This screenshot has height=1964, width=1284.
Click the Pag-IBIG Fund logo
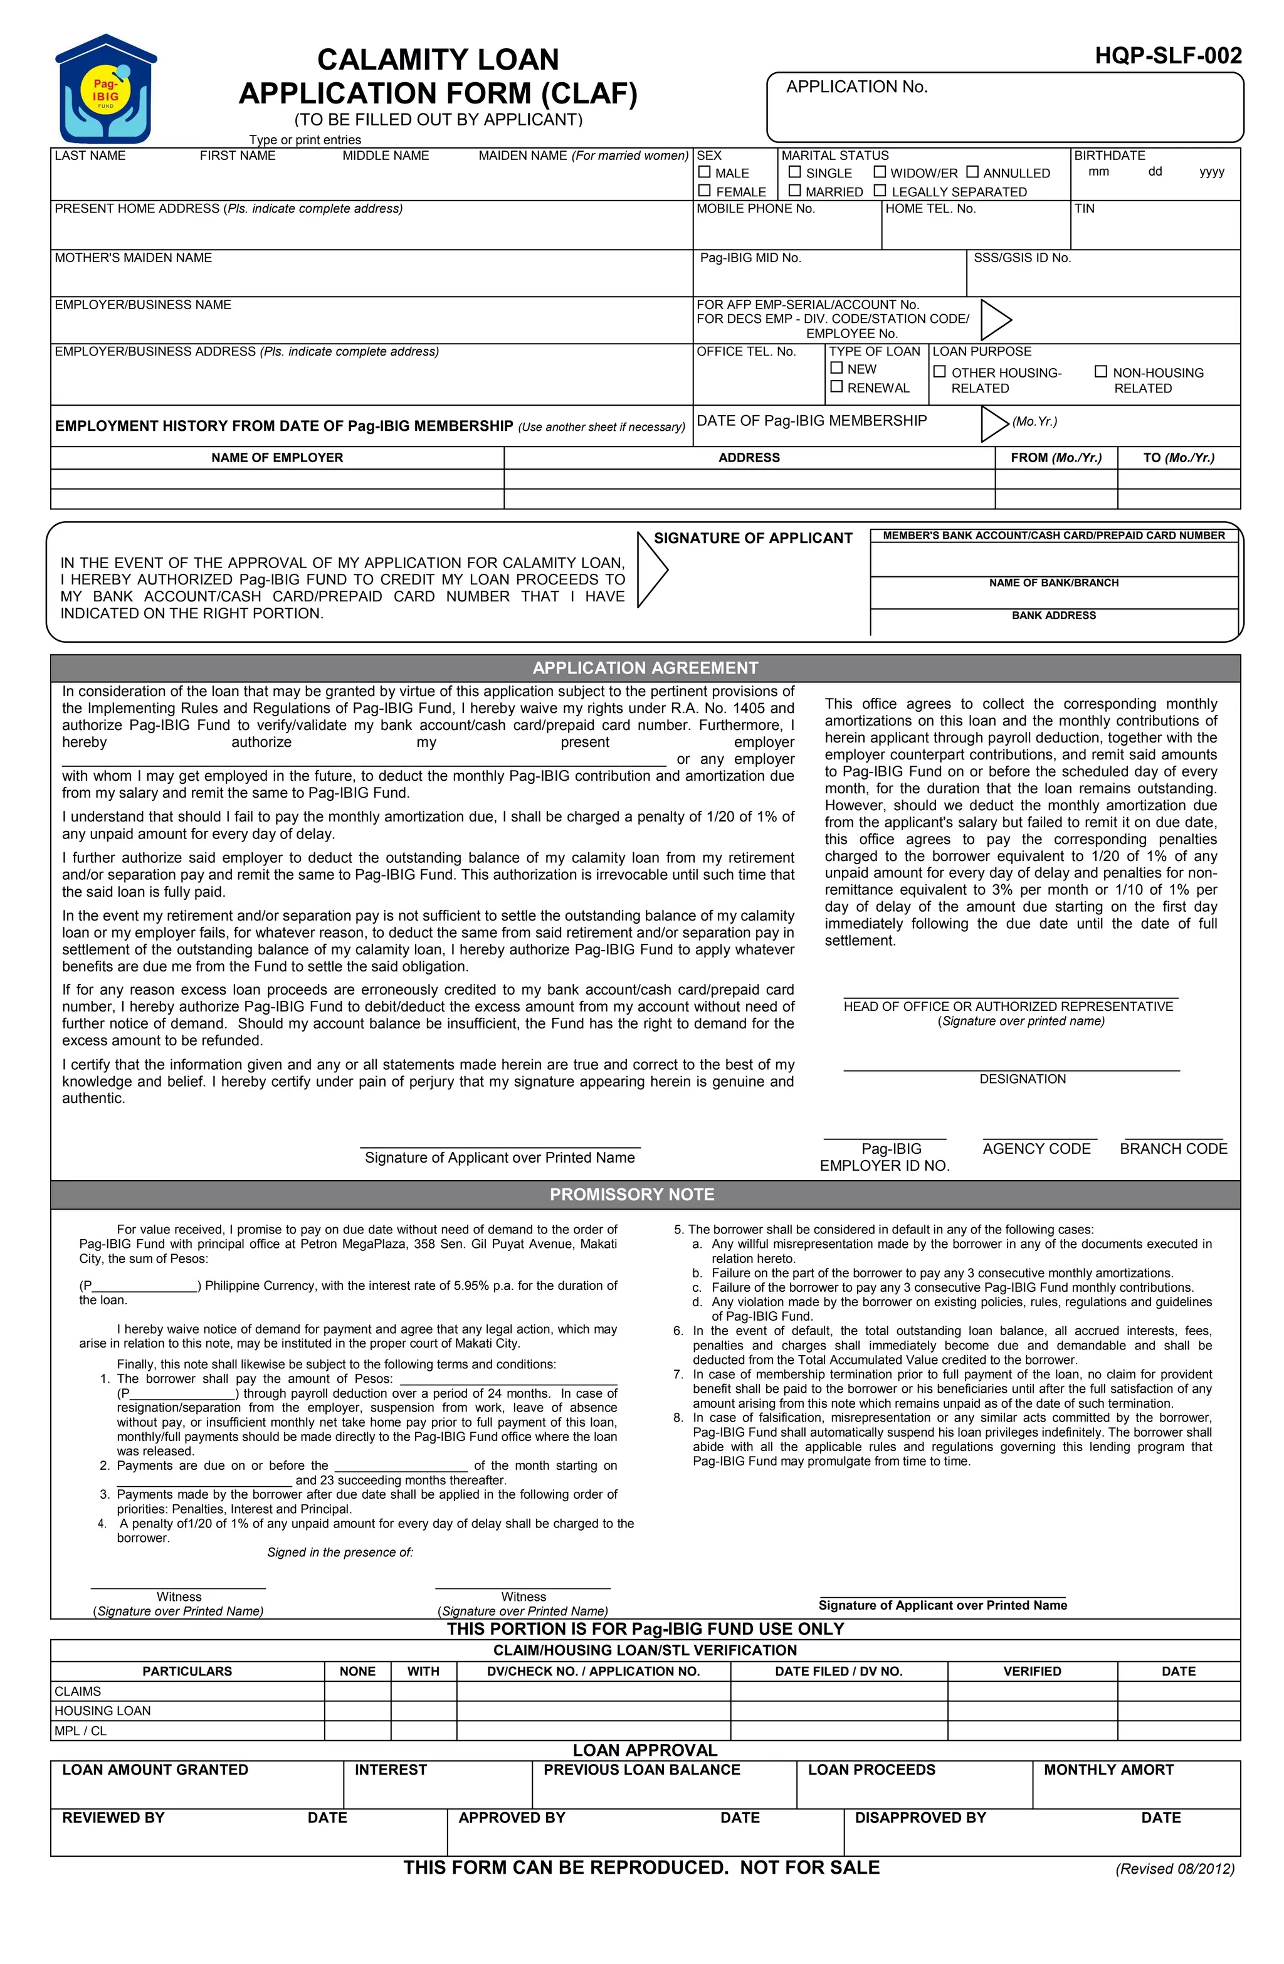[105, 89]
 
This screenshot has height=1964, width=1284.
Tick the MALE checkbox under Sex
[704, 172]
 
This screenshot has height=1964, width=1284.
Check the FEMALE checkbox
[704, 191]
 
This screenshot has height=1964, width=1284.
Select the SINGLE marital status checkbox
[794, 172]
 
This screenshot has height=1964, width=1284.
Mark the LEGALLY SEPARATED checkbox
[880, 191]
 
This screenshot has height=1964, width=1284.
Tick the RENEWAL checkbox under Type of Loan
[836, 386]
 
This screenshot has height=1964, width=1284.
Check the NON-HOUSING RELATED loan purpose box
[1100, 371]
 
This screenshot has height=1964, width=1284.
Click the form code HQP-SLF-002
[1167, 56]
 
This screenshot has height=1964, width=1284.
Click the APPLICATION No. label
[856, 87]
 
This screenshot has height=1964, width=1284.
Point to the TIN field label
[1083, 209]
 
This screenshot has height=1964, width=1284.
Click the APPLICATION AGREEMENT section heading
[645, 668]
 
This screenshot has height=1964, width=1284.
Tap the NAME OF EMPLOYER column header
[276, 457]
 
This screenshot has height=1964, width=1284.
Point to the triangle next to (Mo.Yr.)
[994, 423]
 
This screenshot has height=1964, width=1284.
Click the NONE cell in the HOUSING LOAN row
[357, 1711]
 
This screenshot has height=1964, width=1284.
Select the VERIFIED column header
[1031, 1671]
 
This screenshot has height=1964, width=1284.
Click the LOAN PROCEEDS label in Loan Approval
[871, 1769]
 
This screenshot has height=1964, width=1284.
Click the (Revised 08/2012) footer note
[1174, 1868]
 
